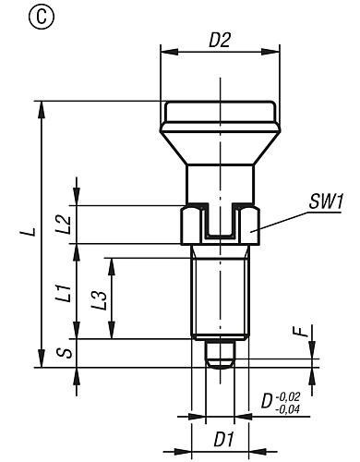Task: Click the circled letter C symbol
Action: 16,16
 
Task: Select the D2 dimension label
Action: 220,40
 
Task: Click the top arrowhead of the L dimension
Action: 41,107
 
